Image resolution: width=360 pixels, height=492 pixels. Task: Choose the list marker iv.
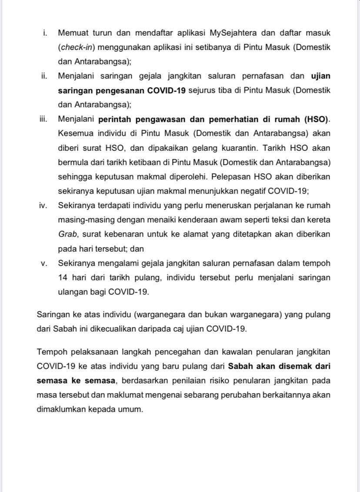43,205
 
